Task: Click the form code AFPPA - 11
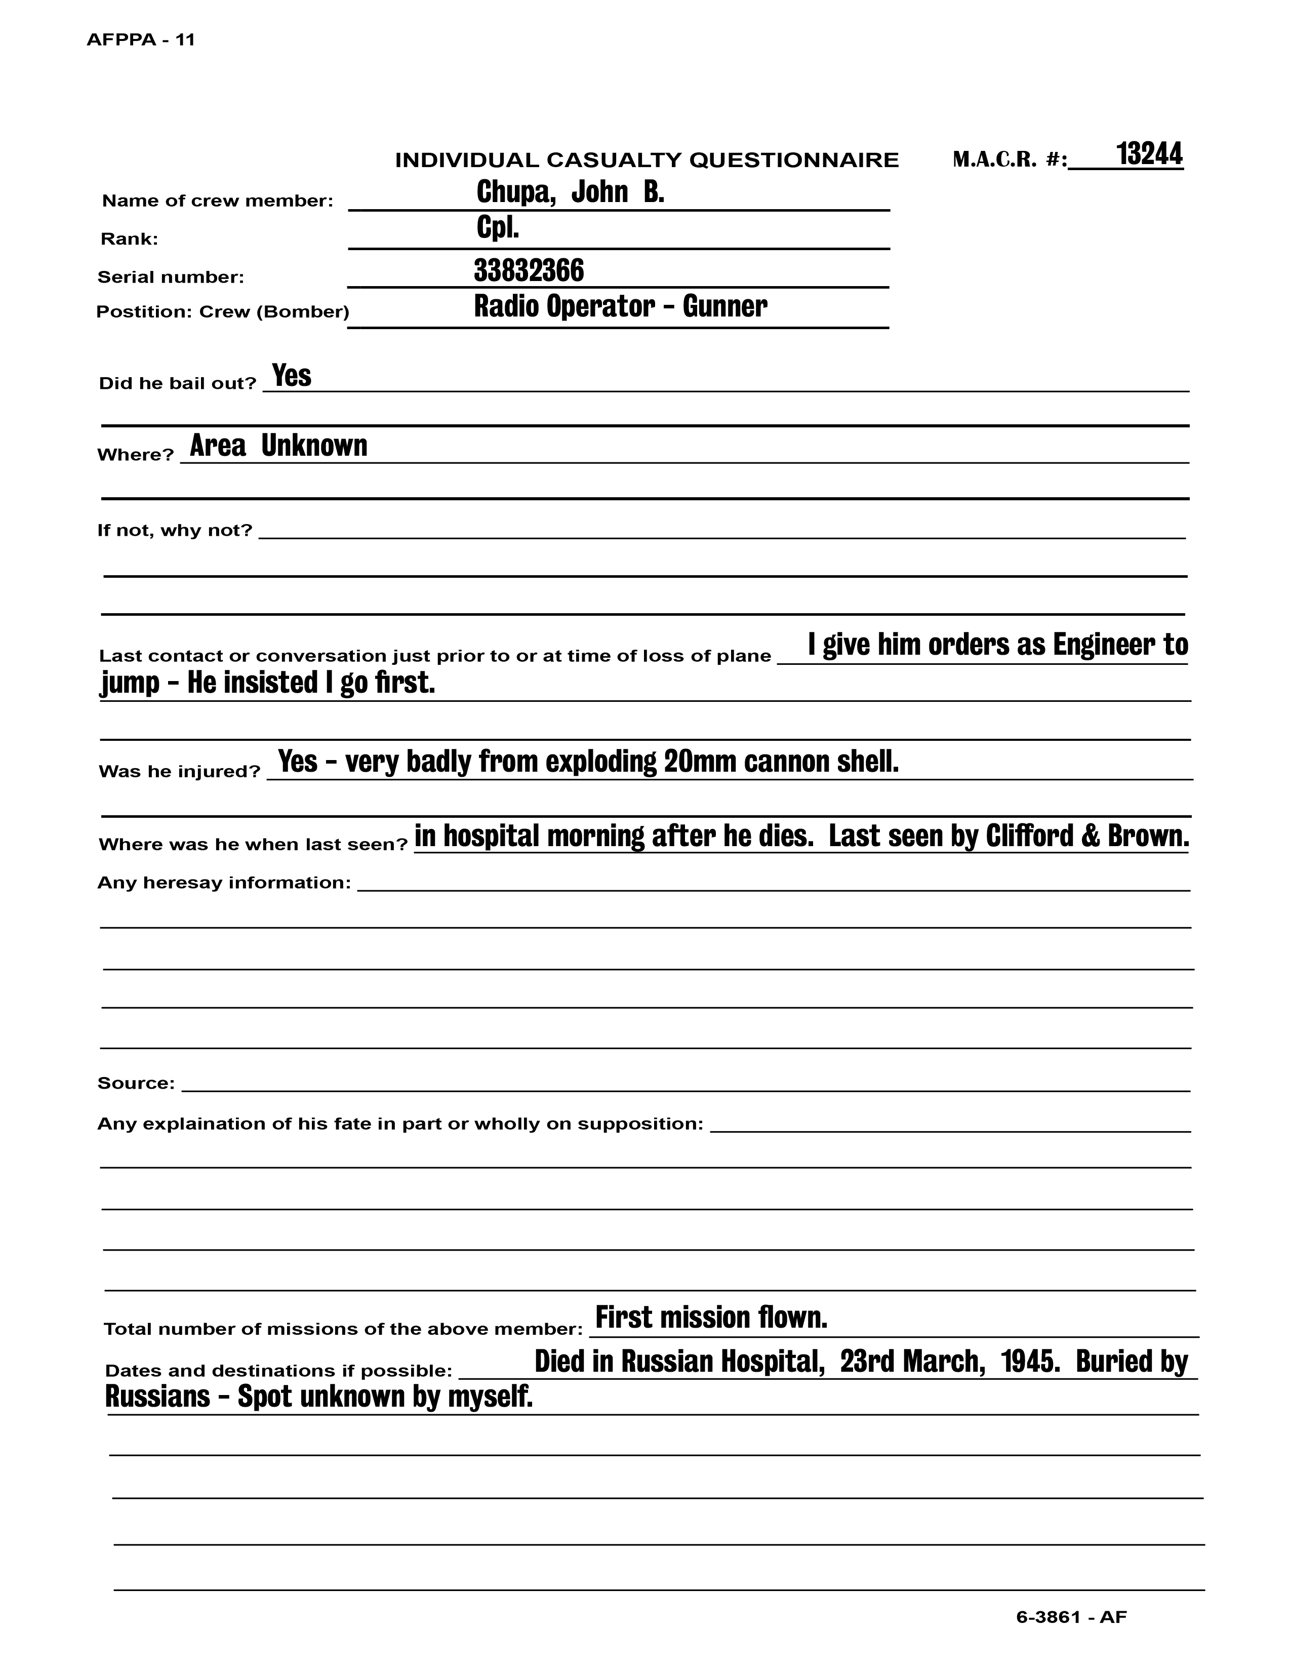coord(141,41)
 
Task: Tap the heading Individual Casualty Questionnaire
coord(647,161)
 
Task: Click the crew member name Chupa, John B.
coord(570,192)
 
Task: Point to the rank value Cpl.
coord(498,228)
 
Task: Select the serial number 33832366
coord(529,270)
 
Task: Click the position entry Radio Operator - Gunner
coord(620,306)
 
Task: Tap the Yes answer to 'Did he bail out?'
coord(292,376)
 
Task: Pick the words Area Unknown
coord(278,445)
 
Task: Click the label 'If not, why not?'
coord(174,530)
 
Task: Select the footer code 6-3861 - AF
coord(1071,1617)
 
